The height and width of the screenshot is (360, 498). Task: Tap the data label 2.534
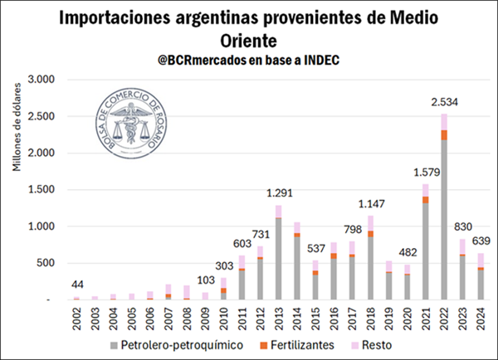[444, 103]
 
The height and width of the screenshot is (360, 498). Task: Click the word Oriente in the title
[250, 39]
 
